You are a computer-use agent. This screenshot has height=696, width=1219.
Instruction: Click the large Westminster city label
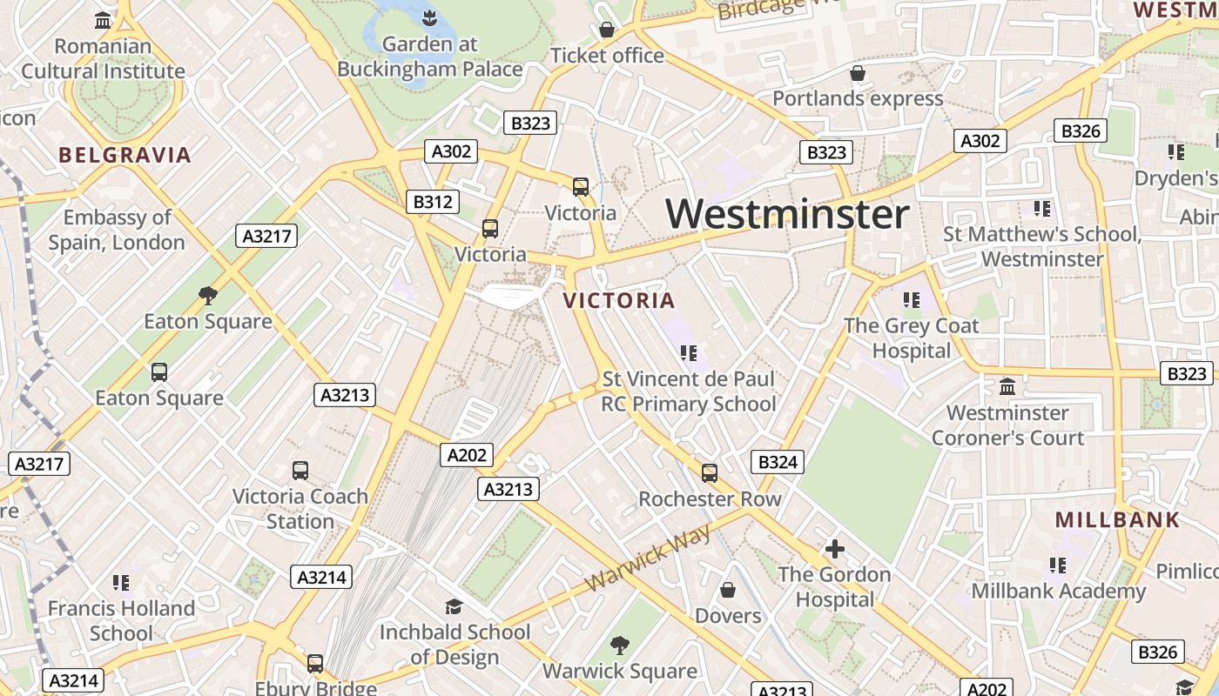coord(787,214)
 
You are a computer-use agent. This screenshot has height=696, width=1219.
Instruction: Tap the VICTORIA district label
coord(619,301)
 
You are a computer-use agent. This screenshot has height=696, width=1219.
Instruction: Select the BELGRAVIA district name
coord(125,156)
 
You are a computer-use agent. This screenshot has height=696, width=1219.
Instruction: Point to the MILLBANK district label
coord(1117,520)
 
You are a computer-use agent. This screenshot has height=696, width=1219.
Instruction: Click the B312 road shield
coord(432,202)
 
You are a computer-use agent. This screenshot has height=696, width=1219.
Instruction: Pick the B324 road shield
coord(778,462)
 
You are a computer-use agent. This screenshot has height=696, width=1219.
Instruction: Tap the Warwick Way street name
coord(649,558)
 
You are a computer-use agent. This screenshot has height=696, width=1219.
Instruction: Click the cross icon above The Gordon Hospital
coord(834,549)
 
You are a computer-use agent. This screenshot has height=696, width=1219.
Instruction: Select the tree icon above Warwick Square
coord(619,646)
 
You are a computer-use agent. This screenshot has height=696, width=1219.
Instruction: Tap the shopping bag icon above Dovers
coord(728,591)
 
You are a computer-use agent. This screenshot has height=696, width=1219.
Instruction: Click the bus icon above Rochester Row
coord(710,473)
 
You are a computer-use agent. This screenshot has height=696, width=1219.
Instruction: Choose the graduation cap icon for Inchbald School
coord(454,606)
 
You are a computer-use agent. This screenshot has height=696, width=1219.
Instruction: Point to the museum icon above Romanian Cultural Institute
coord(103,20)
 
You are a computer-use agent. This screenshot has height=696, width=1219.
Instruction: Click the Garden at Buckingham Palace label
coord(430,57)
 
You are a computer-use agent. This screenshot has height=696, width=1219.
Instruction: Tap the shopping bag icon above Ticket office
coord(607,30)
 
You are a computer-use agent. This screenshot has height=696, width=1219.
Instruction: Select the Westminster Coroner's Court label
coord(1007,425)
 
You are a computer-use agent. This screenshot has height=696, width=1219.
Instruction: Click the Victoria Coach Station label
coord(300,509)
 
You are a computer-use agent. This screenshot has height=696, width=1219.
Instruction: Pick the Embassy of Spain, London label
coord(117,230)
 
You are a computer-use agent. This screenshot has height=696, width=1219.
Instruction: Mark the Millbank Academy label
coord(1058,592)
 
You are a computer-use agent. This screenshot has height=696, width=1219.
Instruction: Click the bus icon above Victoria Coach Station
coord(300,471)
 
